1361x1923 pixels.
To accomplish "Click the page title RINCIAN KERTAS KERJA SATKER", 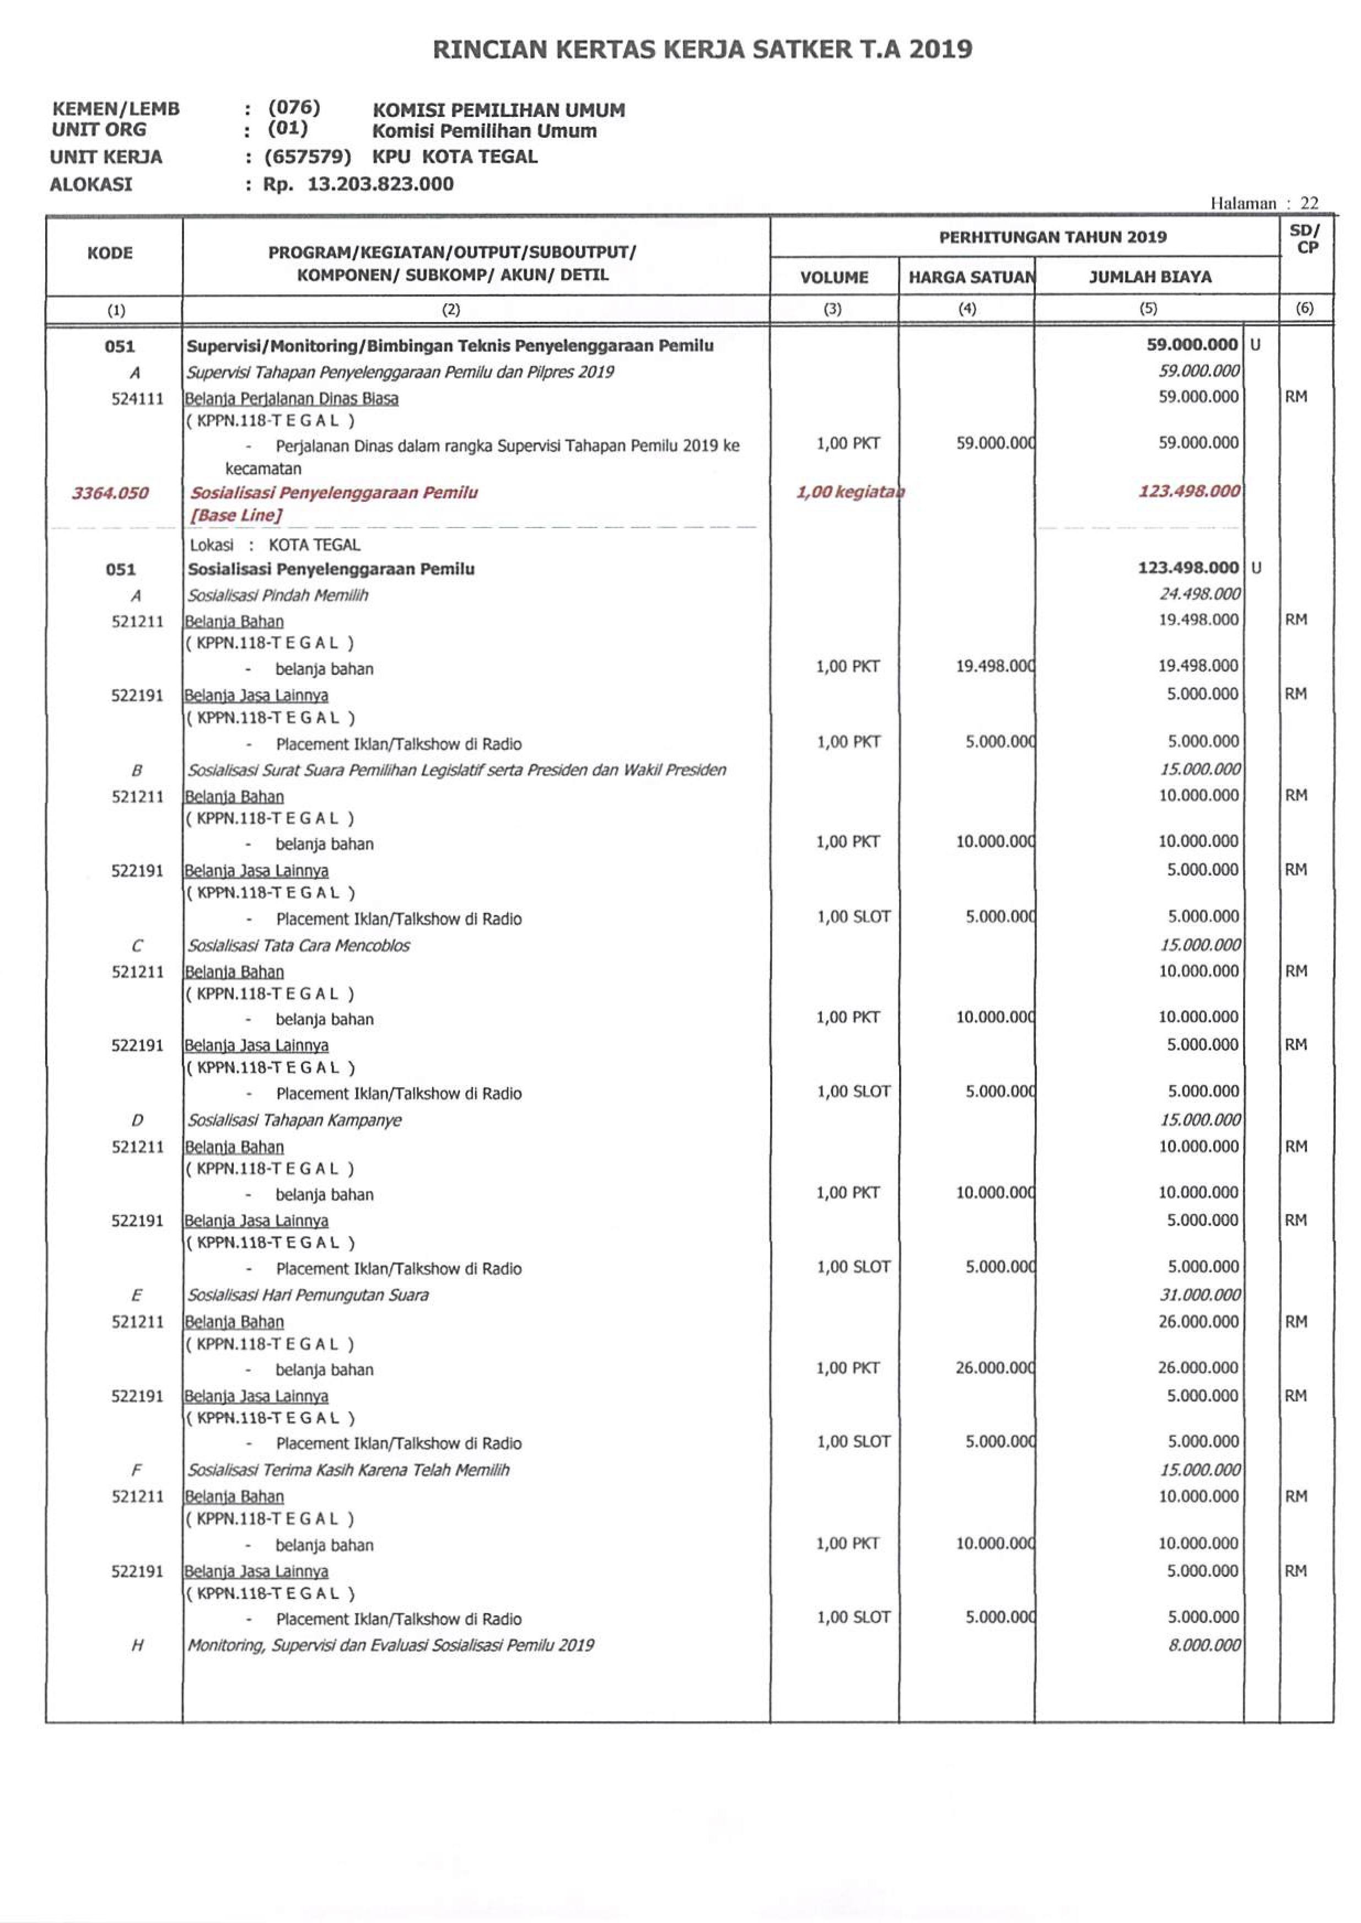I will coord(702,50).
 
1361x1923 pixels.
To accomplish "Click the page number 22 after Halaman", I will coord(1309,203).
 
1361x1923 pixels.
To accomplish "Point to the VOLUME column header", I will coord(834,277).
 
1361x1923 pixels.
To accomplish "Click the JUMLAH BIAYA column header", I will coord(1150,277).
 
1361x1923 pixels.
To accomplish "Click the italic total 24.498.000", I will coord(1199,594).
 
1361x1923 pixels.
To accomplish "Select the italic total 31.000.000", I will coord(1199,1294).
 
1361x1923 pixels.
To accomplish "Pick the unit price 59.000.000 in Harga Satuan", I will coord(995,443).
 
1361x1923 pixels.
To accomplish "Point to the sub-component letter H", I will coord(137,1646).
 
